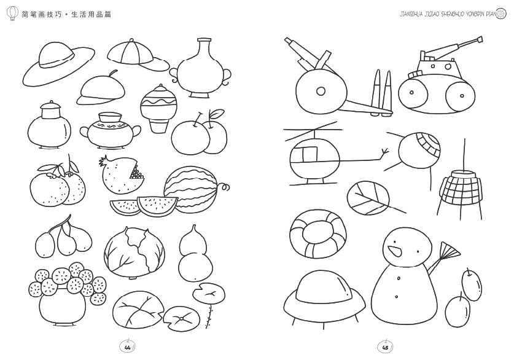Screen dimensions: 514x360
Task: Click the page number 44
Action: click(128, 347)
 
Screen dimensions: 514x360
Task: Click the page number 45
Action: click(386, 347)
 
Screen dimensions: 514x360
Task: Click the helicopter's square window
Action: click(310, 155)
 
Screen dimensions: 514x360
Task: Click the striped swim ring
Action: click(317, 234)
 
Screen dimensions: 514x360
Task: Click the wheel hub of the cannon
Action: click(321, 90)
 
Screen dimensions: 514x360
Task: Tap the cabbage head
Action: click(134, 251)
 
